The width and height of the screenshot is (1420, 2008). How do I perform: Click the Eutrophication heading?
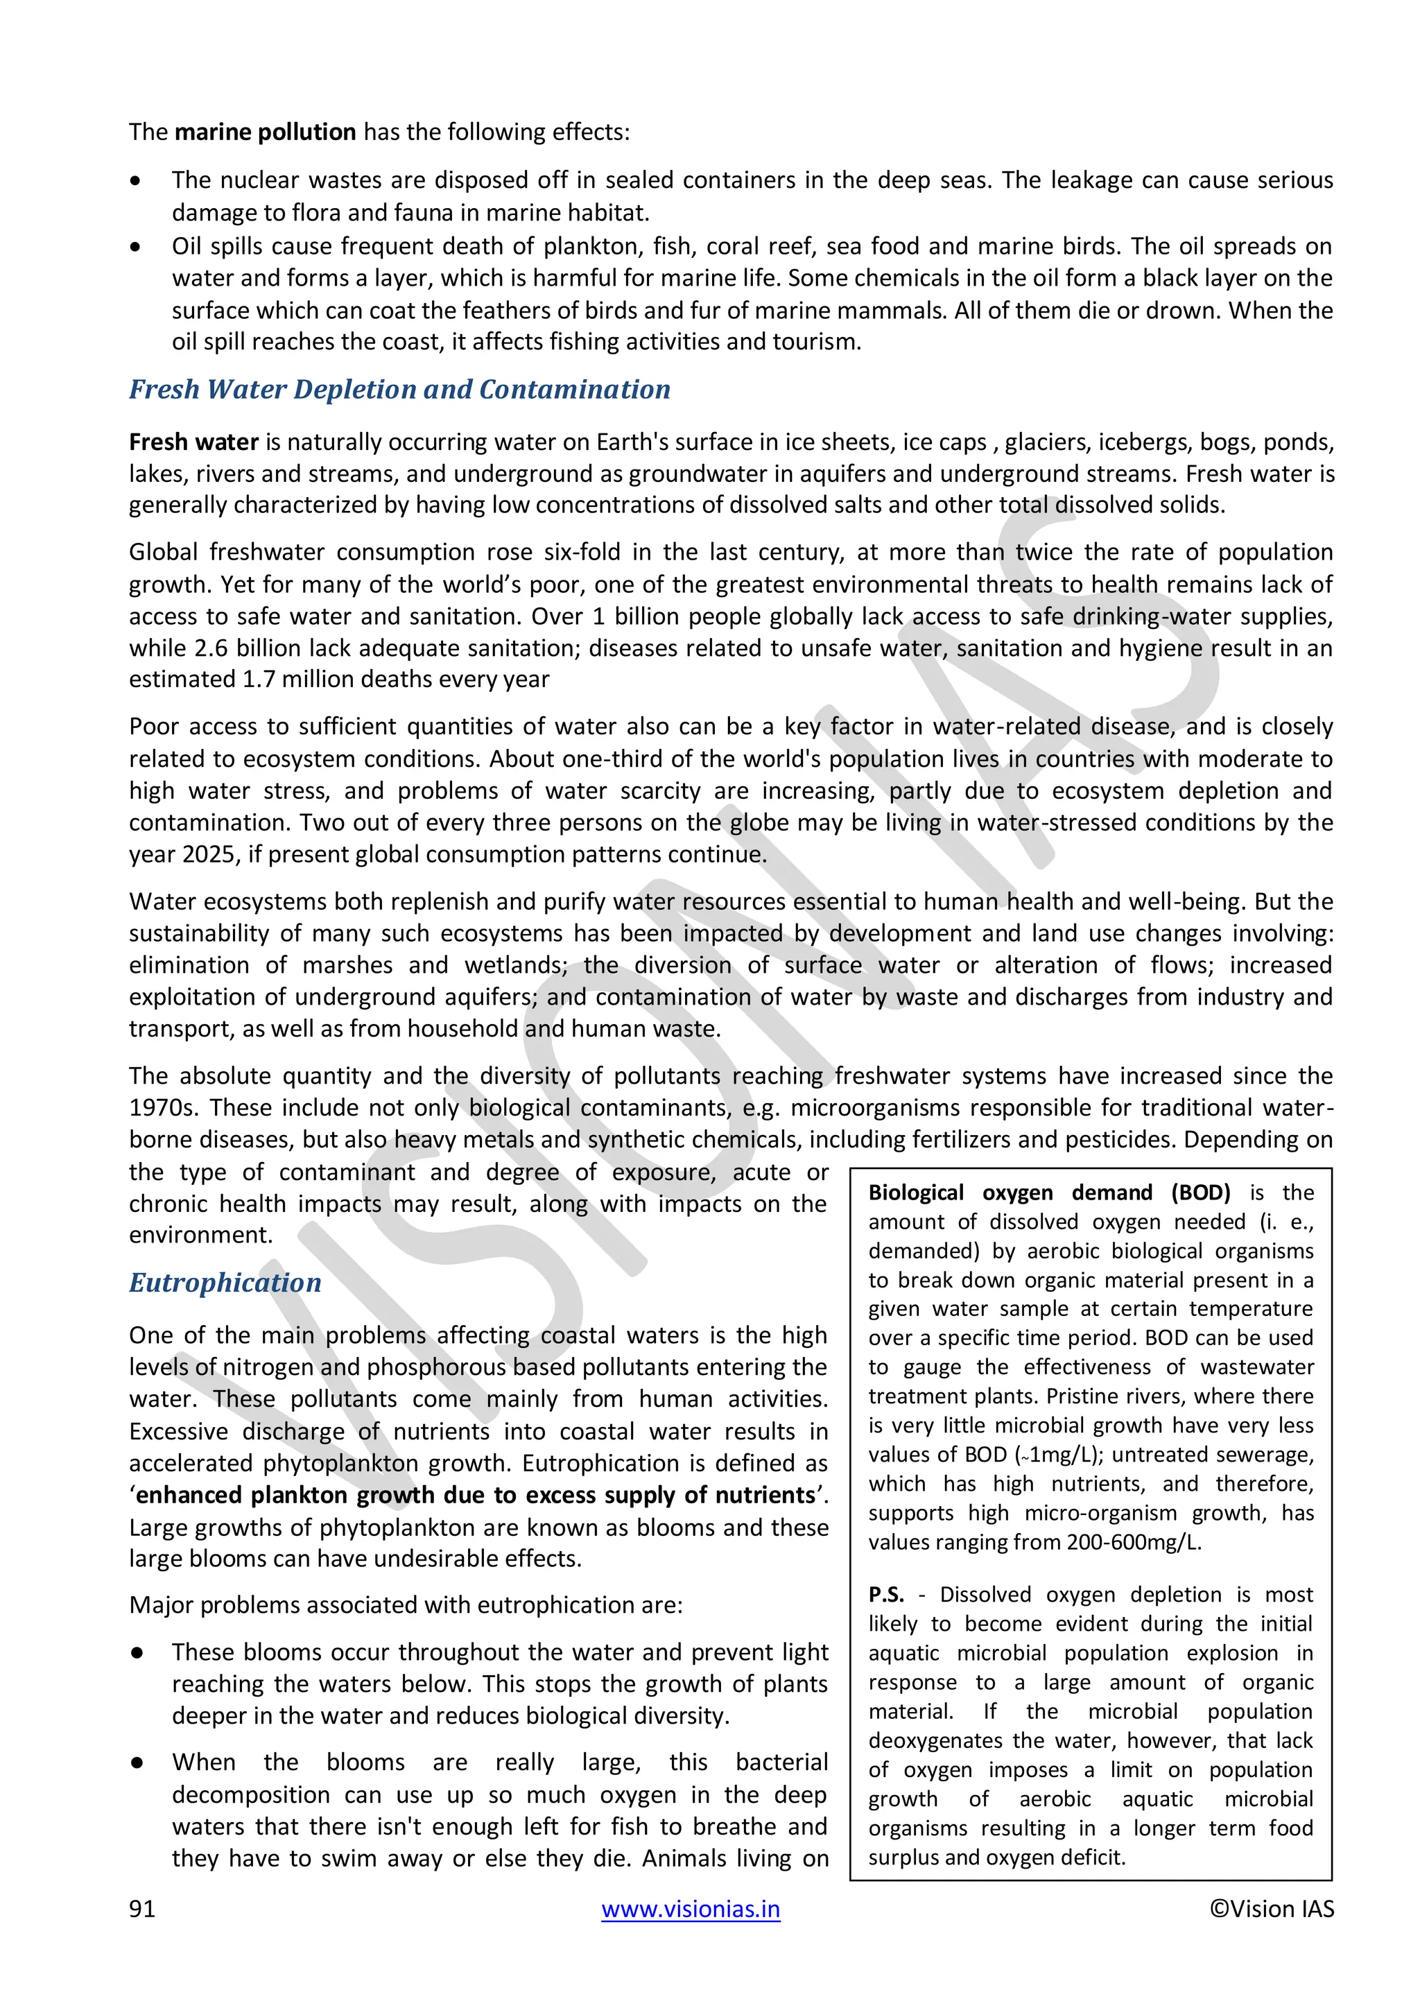tap(225, 1282)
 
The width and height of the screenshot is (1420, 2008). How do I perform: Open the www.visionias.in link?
tap(690, 1908)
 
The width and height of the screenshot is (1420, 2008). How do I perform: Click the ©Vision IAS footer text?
tap(1272, 1908)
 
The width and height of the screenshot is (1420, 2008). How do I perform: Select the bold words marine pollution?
tap(265, 132)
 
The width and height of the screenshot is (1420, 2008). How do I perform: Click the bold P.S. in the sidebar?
tap(885, 1594)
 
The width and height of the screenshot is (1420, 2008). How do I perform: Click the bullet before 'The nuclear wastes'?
tap(135, 181)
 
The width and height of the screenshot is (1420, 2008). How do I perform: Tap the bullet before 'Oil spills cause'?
tap(135, 248)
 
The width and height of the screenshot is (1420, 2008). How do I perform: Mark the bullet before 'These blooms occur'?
tap(137, 1653)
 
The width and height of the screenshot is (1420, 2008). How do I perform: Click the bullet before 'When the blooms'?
tap(137, 1763)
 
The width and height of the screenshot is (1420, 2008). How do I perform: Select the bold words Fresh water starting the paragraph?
tap(193, 442)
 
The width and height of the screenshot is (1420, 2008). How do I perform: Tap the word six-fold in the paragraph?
tap(582, 553)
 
